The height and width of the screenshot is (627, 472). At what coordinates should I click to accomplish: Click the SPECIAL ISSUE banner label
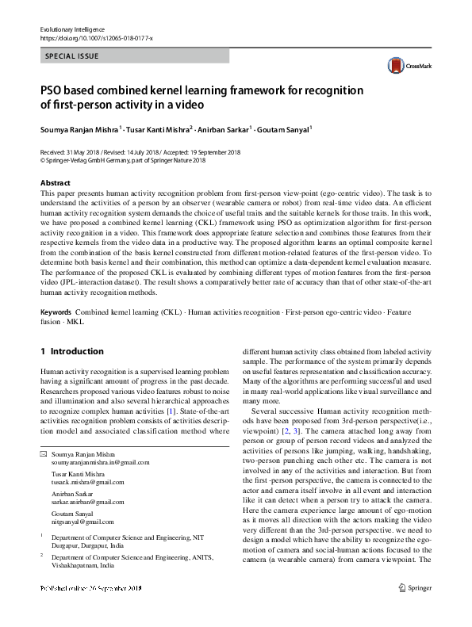point(72,57)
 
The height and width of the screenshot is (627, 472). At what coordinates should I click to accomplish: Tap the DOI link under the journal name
point(96,37)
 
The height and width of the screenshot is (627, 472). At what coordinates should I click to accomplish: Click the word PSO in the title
point(52,90)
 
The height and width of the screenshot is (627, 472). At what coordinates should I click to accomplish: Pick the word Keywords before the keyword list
point(56,312)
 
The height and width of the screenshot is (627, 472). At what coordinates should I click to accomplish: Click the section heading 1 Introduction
point(71,351)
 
